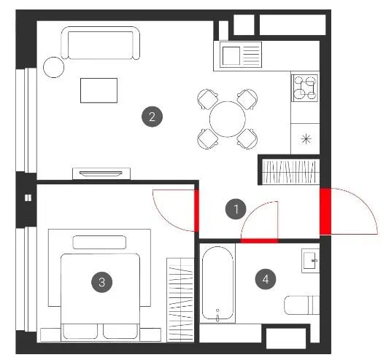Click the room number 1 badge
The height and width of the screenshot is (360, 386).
click(x=236, y=209)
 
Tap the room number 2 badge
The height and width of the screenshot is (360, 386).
click(x=152, y=117)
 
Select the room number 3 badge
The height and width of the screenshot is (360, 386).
click(x=101, y=282)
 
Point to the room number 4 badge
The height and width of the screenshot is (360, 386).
click(x=266, y=279)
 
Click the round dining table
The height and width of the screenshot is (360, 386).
click(x=228, y=119)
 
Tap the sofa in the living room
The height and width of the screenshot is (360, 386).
click(x=101, y=43)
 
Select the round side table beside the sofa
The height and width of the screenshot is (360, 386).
click(x=54, y=67)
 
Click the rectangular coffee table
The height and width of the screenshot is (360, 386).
click(x=99, y=90)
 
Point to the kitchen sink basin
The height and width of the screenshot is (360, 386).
click(x=231, y=56)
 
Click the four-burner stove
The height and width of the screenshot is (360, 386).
click(x=305, y=87)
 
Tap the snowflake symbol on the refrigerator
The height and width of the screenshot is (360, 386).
click(x=306, y=138)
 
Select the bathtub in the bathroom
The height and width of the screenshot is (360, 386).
click(x=217, y=283)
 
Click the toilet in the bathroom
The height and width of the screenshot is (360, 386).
click(x=302, y=305)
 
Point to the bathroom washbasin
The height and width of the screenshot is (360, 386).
click(x=310, y=261)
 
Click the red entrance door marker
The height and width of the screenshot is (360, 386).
click(x=325, y=211)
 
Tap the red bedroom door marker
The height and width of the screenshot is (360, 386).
click(x=196, y=211)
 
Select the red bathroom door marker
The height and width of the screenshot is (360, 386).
click(x=259, y=240)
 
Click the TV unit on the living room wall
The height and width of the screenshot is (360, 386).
click(x=101, y=173)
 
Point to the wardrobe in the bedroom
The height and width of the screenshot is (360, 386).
click(x=180, y=300)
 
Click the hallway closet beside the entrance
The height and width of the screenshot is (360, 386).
click(x=291, y=172)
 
